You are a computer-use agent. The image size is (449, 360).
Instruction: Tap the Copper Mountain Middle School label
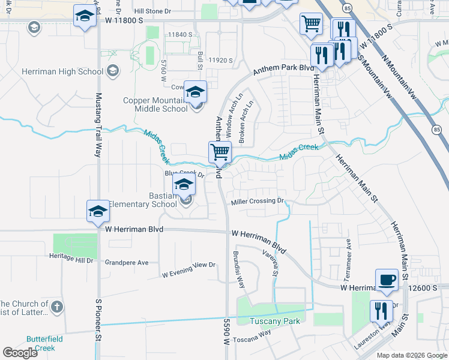[x=155, y=104]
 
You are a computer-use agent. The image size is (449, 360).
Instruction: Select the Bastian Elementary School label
[x=148, y=200]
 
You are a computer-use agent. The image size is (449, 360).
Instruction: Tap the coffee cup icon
[x=387, y=280]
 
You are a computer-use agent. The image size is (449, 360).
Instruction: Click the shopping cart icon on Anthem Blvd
[x=220, y=152]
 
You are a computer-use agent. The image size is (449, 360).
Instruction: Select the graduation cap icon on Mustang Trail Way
[x=98, y=211]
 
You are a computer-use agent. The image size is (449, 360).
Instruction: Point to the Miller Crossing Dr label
[x=257, y=201]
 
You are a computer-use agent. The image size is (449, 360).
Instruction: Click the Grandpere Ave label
[x=127, y=263]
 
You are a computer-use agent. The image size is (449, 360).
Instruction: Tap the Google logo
[x=20, y=353]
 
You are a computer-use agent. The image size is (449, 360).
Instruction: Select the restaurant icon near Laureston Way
[x=381, y=311]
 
